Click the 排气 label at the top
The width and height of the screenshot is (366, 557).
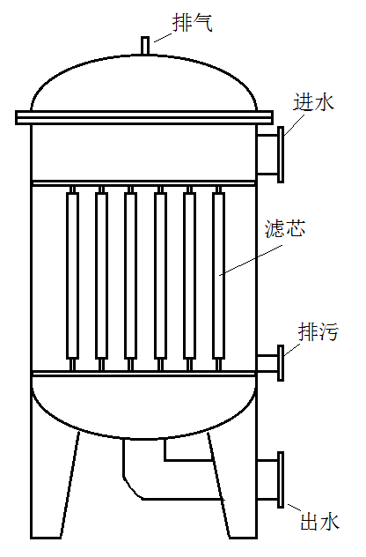click(193, 23)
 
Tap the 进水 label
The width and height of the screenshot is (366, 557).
click(314, 102)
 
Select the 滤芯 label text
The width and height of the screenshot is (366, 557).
click(285, 228)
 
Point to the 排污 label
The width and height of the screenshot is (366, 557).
click(318, 331)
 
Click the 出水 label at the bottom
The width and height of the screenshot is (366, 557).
click(320, 522)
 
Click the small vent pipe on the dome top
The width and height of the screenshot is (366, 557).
click(144, 46)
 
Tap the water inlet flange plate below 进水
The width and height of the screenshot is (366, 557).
click(280, 154)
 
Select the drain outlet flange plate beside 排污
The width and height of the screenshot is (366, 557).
click(280, 363)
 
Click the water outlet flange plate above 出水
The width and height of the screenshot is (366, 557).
click(280, 479)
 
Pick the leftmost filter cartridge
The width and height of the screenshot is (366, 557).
click(72, 275)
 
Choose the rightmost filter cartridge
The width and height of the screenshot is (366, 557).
click(218, 275)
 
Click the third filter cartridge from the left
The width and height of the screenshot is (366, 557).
click(130, 275)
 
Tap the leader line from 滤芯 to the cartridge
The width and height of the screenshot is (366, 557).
click(251, 260)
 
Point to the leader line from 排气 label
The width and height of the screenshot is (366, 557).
click(163, 37)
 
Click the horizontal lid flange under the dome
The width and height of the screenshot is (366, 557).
click(144, 117)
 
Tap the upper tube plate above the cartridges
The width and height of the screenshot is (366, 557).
click(143, 183)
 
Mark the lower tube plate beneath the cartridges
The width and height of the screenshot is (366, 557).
click(143, 374)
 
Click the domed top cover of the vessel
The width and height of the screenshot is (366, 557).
click(143, 55)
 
